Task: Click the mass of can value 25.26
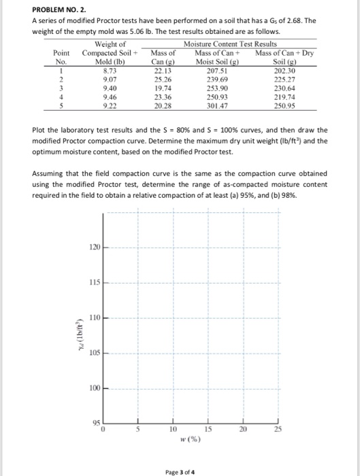pyautogui.click(x=163, y=79)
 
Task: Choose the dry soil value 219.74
pyautogui.click(x=280, y=97)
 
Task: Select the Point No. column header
pyautogui.click(x=63, y=56)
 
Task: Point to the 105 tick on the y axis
pyautogui.click(x=95, y=352)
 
